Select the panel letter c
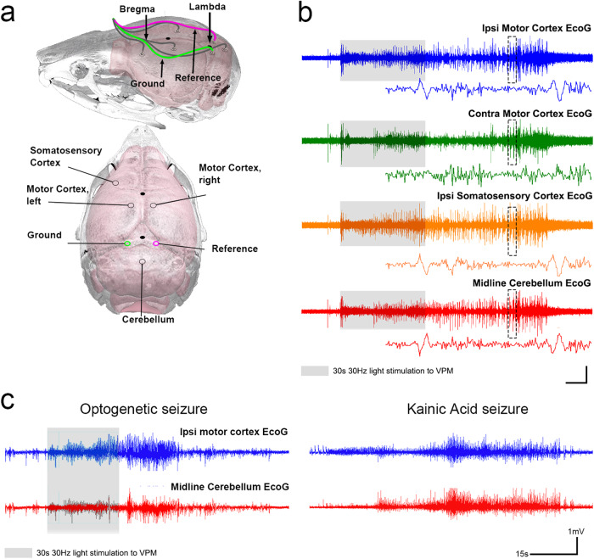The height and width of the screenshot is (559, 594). click(10, 400)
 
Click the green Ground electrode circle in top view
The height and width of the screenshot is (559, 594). click(128, 243)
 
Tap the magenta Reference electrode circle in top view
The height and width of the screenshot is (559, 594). click(156, 243)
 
